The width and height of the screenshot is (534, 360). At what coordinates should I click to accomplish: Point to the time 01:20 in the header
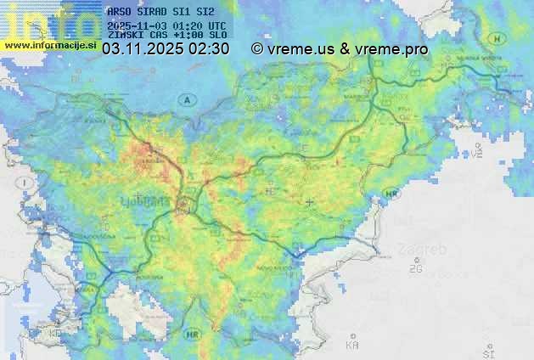point(187,26)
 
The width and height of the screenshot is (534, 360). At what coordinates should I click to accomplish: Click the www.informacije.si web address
point(49,45)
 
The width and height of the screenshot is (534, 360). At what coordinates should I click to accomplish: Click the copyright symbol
point(256,49)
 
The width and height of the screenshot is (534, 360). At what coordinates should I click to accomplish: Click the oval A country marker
point(185,100)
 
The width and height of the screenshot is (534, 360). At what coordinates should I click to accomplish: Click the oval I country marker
point(26,183)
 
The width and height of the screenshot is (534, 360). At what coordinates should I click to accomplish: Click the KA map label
point(351,345)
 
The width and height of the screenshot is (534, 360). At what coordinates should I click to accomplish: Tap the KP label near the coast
point(56,334)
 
